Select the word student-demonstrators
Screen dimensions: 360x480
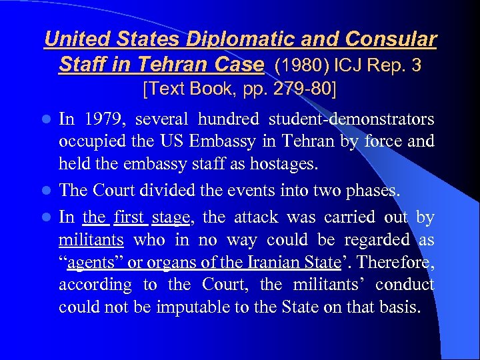point(351,119)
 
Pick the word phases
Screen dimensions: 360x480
point(372,191)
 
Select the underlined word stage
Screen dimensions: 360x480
point(171,217)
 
